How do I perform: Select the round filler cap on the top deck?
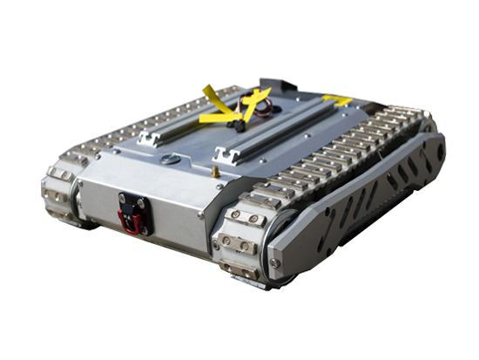170,159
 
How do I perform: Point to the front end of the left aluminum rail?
144,139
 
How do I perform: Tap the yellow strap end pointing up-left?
210,92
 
